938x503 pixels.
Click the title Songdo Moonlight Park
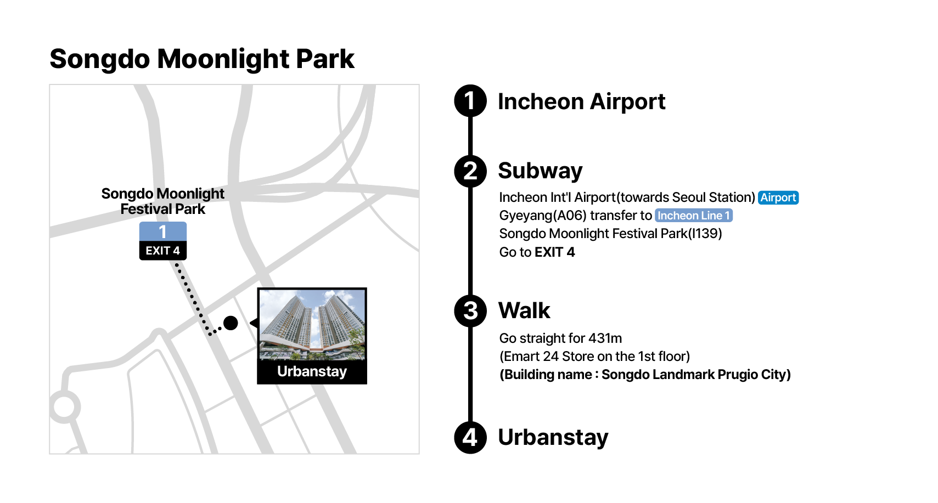click(x=202, y=59)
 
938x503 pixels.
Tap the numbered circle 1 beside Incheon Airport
click(x=470, y=101)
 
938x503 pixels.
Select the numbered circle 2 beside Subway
click(x=470, y=171)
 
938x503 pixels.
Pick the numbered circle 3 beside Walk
click(x=470, y=311)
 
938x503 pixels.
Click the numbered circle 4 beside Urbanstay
click(x=470, y=438)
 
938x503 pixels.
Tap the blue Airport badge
click(x=778, y=197)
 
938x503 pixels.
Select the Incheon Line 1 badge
click(x=693, y=216)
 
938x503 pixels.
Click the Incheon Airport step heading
click(x=581, y=101)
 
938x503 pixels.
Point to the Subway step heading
click(x=540, y=171)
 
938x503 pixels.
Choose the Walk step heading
click(x=524, y=310)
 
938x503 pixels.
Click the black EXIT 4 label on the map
click(x=163, y=251)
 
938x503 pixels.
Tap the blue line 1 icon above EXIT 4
click(x=163, y=231)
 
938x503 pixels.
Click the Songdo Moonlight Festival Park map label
click(x=163, y=201)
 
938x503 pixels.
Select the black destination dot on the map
click(x=231, y=323)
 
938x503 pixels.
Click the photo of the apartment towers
click(x=312, y=325)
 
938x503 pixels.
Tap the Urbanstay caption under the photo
click(x=312, y=371)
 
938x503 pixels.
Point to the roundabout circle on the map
click(x=64, y=407)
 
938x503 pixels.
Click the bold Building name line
click(x=645, y=375)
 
